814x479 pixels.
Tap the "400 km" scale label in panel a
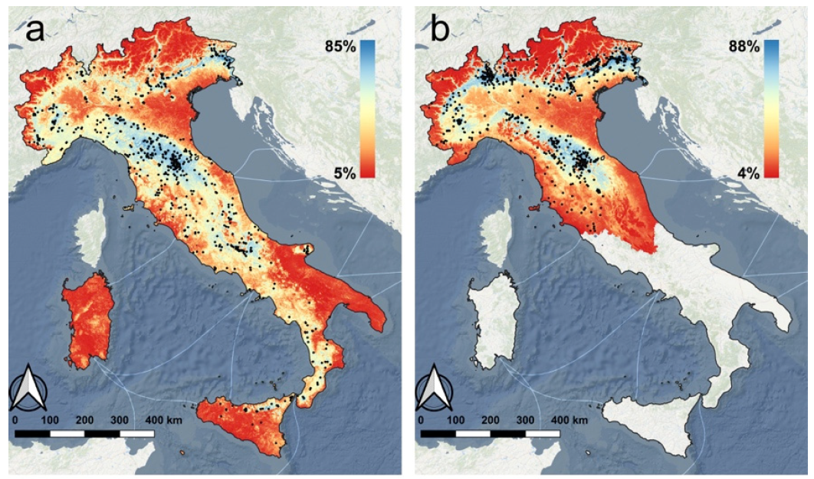[x=163, y=421]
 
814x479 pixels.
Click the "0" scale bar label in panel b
[x=421, y=421]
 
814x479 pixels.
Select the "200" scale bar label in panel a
[x=84, y=421]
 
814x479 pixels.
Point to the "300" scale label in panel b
[x=525, y=421]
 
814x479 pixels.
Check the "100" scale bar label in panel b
[x=455, y=421]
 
